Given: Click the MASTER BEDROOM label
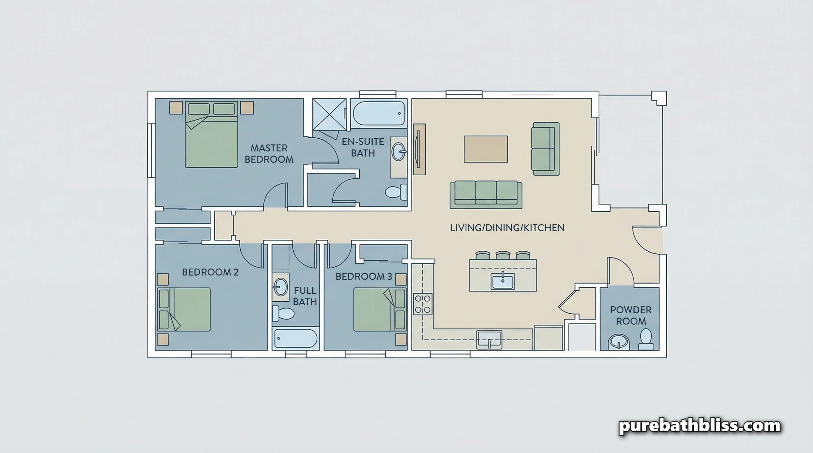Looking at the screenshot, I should pos(269,154).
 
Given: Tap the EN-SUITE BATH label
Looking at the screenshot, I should pos(363,147).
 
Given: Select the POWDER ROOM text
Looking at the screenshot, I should pos(631,316).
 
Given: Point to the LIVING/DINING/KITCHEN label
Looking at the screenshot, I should pos(507,228).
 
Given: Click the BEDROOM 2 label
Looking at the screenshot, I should pos(210,272).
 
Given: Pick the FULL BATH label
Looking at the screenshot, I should pos(305,296).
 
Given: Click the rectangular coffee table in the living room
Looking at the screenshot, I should pos(486,149).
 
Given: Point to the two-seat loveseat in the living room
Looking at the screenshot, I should pos(545,146).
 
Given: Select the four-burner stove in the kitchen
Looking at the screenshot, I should pos(423,304).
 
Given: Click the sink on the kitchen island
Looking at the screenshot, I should pos(503,281).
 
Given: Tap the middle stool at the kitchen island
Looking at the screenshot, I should pos(503,255).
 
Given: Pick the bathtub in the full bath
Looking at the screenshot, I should pos(296,339).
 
